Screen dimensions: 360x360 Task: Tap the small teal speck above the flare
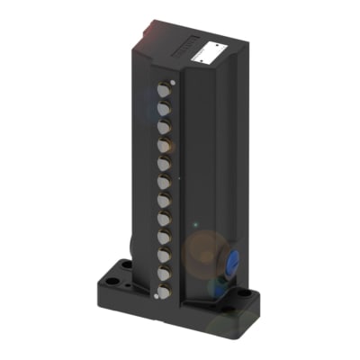194,222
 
